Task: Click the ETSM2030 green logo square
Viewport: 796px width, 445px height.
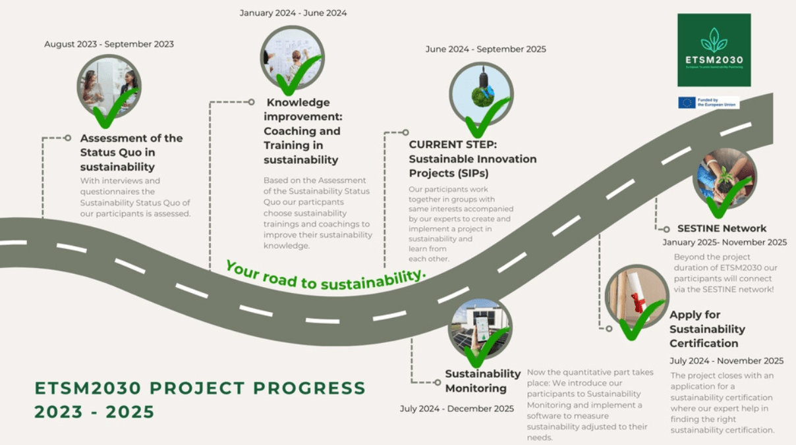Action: (x=714, y=50)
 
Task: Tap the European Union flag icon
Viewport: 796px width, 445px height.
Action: (x=687, y=103)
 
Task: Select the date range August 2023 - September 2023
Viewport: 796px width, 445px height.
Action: (x=109, y=44)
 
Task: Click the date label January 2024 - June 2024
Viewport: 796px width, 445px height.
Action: (x=293, y=13)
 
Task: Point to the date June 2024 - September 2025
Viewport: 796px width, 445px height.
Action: (x=486, y=49)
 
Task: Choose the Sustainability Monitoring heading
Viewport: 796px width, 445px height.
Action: (x=482, y=380)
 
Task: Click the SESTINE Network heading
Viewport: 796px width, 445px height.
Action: (x=722, y=228)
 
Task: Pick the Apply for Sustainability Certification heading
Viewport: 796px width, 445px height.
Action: (x=707, y=328)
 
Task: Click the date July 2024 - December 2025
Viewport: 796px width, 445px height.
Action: (x=457, y=409)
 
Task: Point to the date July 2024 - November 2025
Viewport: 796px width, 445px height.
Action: (x=726, y=361)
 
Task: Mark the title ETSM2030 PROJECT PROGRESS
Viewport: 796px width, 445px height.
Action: (x=200, y=388)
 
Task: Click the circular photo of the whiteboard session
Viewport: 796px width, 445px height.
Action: (x=292, y=57)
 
